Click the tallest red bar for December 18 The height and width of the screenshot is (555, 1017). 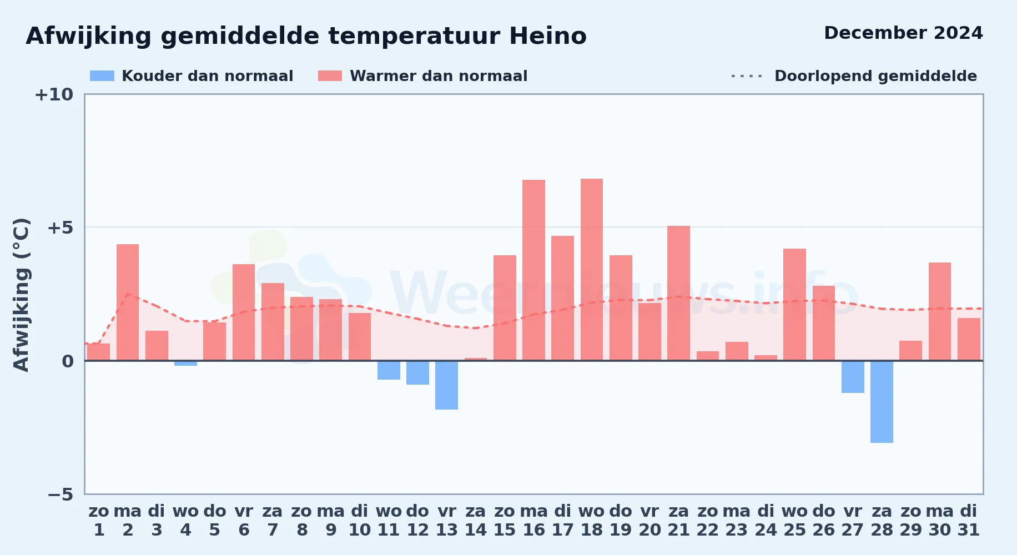(592, 270)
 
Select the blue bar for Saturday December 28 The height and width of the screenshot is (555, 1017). (882, 402)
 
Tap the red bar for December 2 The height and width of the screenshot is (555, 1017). (128, 302)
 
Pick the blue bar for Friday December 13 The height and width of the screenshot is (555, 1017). (446, 385)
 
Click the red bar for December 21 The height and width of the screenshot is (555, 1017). (678, 293)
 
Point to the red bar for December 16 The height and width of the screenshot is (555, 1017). (533, 270)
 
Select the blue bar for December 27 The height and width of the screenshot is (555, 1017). (853, 377)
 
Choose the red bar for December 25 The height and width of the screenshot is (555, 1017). (794, 305)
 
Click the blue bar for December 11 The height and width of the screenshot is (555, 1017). (389, 370)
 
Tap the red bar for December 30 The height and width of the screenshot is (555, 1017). (940, 311)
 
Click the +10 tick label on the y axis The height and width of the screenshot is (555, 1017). (54, 94)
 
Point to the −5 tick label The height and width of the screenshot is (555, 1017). (60, 494)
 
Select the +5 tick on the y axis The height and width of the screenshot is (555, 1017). (60, 228)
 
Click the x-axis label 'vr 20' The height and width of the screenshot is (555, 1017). (650, 521)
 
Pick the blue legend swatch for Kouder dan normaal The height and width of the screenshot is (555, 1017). (102, 76)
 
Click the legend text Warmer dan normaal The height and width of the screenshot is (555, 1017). (439, 76)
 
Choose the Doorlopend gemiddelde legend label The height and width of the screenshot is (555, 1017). (875, 76)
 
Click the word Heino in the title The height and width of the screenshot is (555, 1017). (548, 36)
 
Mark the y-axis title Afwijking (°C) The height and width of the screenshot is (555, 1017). (21, 295)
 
